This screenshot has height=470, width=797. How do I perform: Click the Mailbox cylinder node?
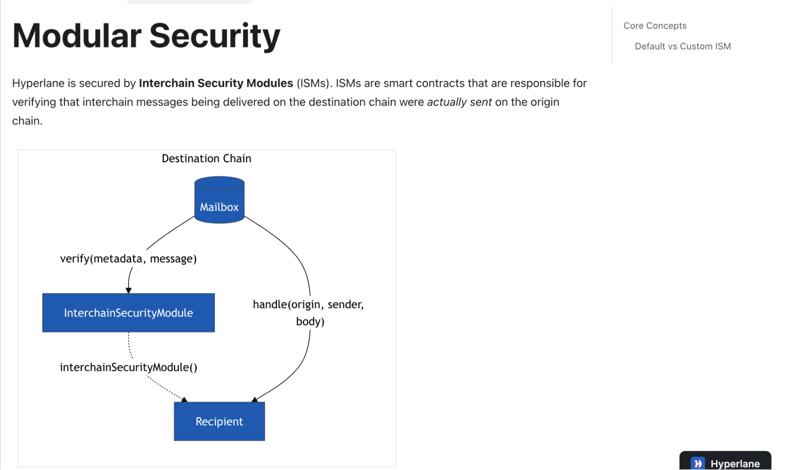pyautogui.click(x=219, y=200)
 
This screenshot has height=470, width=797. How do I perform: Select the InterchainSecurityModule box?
pyautogui.click(x=128, y=313)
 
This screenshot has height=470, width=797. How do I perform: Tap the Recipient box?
pyautogui.click(x=219, y=421)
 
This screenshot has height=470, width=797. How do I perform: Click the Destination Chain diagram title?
pyautogui.click(x=207, y=159)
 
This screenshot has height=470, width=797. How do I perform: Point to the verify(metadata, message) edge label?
pyautogui.click(x=128, y=259)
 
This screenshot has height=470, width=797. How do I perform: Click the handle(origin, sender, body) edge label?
pyautogui.click(x=309, y=313)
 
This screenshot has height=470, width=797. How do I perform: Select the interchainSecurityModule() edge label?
pyautogui.click(x=128, y=367)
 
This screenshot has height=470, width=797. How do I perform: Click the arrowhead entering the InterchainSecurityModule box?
pyautogui.click(x=128, y=291)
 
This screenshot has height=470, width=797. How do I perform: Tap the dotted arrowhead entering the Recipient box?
pyautogui.click(x=184, y=399)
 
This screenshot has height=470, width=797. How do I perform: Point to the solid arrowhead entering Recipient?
pyautogui.click(x=254, y=399)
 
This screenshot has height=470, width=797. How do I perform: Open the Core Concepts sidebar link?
pyautogui.click(x=655, y=26)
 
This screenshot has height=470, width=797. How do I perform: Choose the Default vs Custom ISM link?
pyautogui.click(x=683, y=46)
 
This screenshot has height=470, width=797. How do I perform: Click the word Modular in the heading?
pyautogui.click(x=77, y=36)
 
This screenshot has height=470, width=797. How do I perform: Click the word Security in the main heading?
pyautogui.click(x=215, y=37)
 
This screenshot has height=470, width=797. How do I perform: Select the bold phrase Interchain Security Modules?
pyautogui.click(x=216, y=83)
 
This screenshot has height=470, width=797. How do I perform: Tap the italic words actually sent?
pyautogui.click(x=459, y=102)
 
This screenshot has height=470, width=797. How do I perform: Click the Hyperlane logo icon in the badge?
pyautogui.click(x=698, y=464)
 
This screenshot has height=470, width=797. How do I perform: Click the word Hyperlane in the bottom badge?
pyautogui.click(x=735, y=464)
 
